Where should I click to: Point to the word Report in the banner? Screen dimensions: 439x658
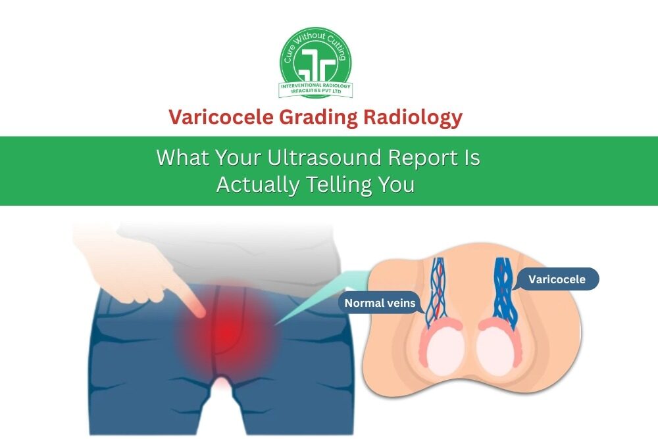422,158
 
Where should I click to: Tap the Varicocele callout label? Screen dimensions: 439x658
557,279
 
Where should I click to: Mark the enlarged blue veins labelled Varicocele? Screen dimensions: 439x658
505,289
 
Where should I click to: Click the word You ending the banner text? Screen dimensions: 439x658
396,185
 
